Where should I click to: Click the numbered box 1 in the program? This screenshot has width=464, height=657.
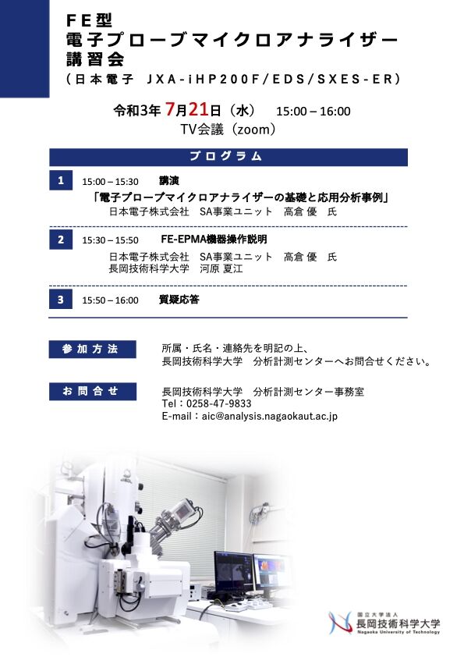60,181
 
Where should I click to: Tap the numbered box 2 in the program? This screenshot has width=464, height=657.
60,240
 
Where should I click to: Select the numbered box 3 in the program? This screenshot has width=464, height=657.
60,300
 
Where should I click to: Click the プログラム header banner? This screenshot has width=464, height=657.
228,156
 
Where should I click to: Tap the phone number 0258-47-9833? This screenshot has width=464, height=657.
218,404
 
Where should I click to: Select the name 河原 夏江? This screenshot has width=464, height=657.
221,269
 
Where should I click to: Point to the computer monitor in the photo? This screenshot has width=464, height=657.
233,572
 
